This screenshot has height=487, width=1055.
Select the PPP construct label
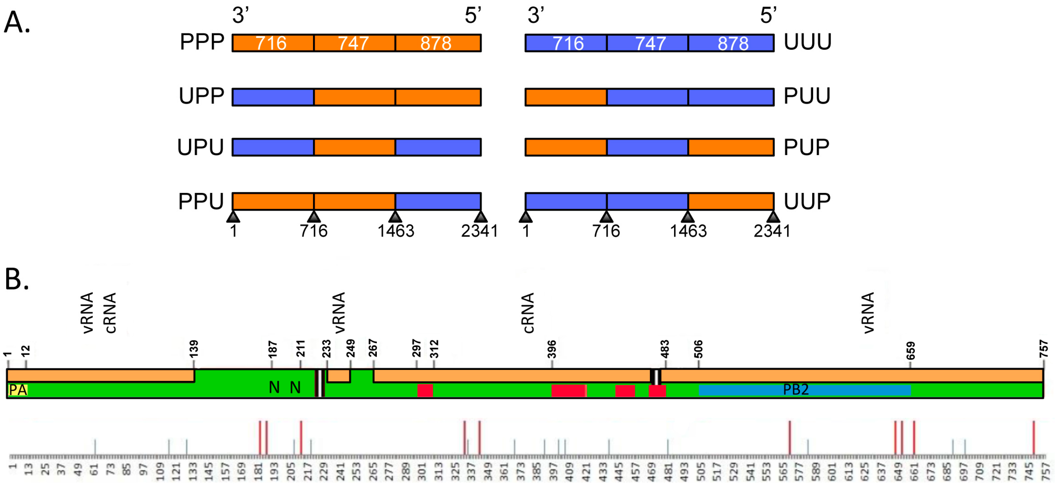[x=202, y=42]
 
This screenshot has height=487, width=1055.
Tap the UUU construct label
[x=807, y=42]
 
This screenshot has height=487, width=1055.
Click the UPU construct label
[x=200, y=148]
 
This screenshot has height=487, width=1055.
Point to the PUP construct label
[x=806, y=148]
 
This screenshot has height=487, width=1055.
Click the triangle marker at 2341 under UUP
[x=773, y=216]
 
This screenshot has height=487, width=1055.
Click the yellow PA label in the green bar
[x=18, y=390]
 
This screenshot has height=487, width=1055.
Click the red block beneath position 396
[x=568, y=391]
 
